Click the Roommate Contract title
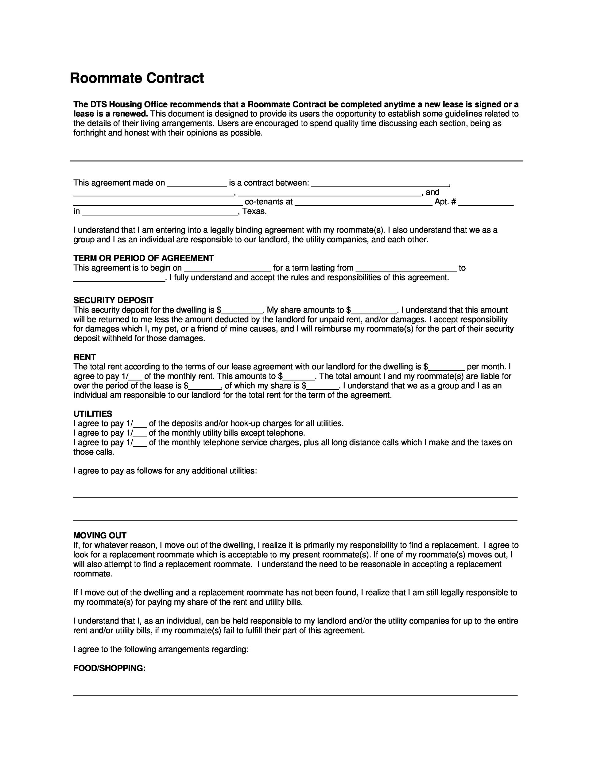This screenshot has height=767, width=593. (x=137, y=78)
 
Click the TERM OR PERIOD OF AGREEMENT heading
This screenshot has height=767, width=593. (x=143, y=258)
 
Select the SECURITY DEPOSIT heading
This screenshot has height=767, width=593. (x=113, y=300)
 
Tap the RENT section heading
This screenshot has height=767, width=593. (x=84, y=357)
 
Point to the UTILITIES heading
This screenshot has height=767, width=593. (x=93, y=414)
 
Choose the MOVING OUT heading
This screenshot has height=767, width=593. (x=100, y=535)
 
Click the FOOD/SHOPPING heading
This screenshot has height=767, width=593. (x=109, y=668)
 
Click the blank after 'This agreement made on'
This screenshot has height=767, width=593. (x=197, y=184)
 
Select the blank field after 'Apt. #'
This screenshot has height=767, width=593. (x=486, y=202)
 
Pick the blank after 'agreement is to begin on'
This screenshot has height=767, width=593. (x=228, y=269)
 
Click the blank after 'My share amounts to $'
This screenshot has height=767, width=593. (x=374, y=311)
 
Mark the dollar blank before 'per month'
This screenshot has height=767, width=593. (x=447, y=368)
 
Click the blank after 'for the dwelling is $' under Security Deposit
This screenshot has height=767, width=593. (x=242, y=311)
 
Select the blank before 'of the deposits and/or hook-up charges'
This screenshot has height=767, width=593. (x=140, y=424)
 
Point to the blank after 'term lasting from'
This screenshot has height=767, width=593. (x=406, y=269)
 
